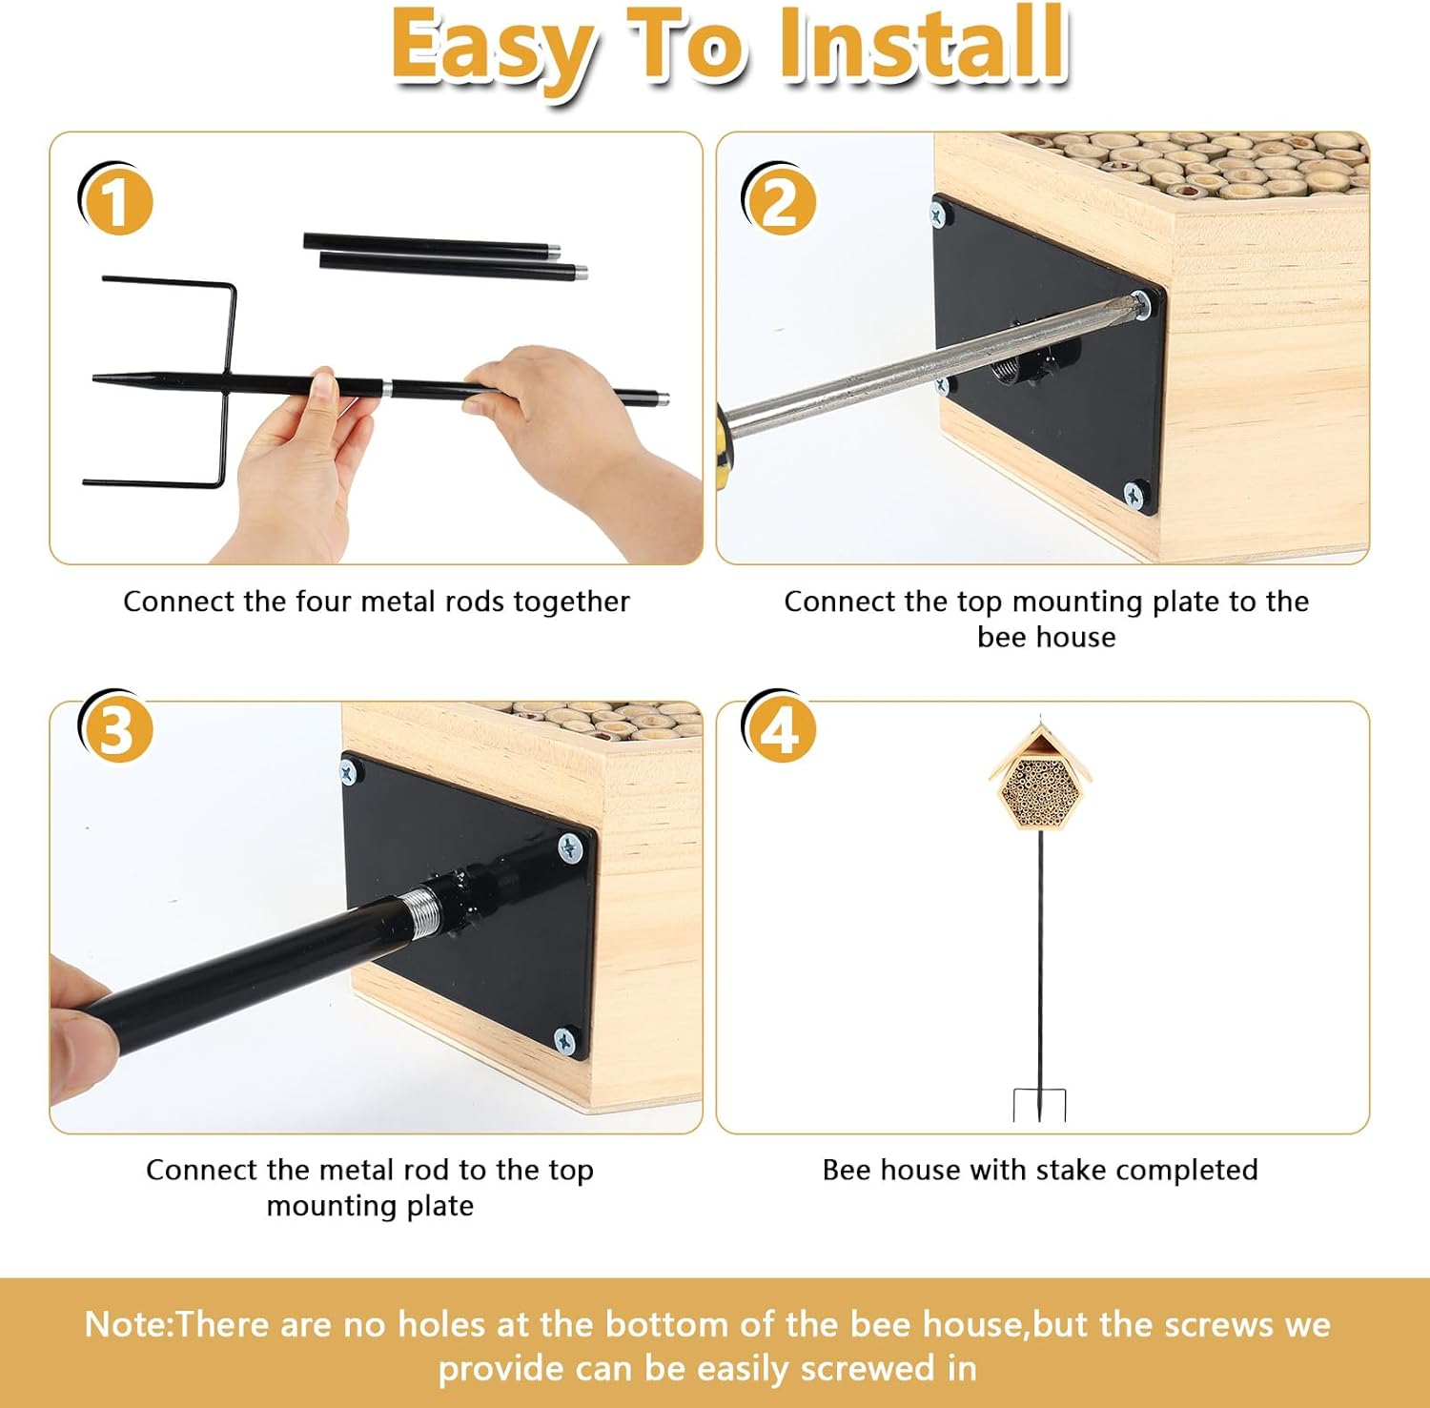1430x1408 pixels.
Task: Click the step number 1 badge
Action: click(115, 201)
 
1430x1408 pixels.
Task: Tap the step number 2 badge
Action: click(780, 201)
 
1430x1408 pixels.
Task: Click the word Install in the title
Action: click(923, 44)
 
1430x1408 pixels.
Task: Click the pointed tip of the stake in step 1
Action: click(94, 379)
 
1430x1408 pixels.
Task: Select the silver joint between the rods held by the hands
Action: click(387, 388)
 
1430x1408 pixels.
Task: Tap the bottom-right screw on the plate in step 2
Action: click(1134, 494)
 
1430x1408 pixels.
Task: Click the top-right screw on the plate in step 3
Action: click(570, 846)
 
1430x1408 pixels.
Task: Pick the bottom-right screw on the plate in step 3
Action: click(566, 1041)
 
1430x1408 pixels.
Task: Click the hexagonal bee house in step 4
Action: click(1040, 775)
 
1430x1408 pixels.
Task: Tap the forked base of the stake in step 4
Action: click(1040, 1105)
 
